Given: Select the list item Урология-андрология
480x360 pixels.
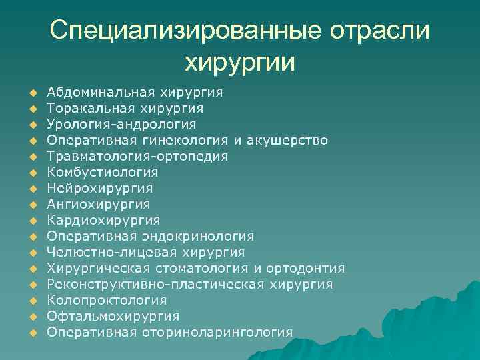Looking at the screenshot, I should point(122,124).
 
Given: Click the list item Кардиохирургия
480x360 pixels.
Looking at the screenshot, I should point(103,220).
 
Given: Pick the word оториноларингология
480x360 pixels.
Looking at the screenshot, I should point(217,332).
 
